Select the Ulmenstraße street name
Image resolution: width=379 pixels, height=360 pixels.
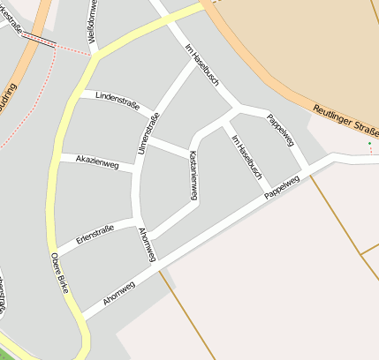(x=147, y=135)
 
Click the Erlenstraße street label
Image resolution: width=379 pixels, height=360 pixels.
(x=95, y=235)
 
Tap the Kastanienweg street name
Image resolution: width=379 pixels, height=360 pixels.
(x=193, y=173)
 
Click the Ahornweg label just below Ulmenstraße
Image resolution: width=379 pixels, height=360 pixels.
(x=148, y=244)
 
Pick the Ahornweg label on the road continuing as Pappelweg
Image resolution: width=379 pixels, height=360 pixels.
(x=119, y=290)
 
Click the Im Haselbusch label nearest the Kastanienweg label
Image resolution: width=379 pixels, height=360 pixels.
(x=246, y=156)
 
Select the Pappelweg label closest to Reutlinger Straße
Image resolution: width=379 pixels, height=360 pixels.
(x=280, y=130)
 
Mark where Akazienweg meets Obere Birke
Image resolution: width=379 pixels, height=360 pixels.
(x=59, y=157)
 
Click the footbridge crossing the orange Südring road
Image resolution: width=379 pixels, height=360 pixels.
(x=38, y=39)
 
